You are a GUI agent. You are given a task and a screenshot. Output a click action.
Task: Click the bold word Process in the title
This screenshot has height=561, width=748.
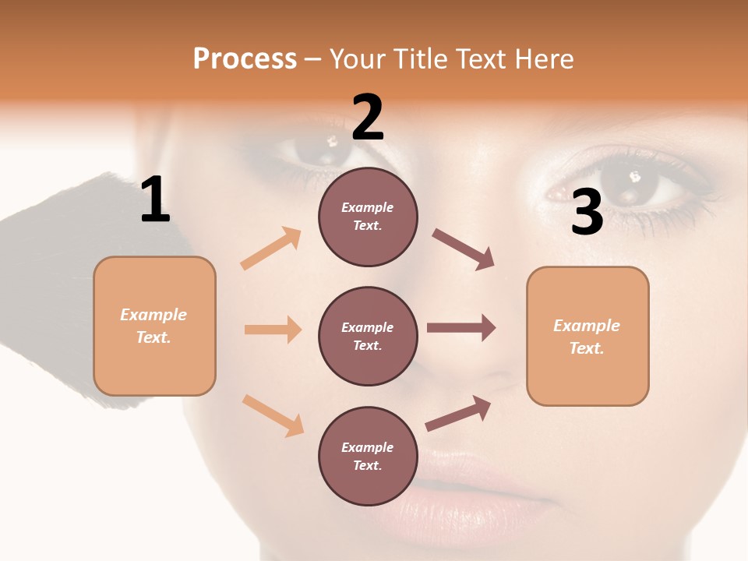tap(245, 59)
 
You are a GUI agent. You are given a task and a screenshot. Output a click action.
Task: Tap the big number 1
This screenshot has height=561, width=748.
tap(155, 200)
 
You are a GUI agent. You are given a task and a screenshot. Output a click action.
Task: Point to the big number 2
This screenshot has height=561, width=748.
tap(368, 118)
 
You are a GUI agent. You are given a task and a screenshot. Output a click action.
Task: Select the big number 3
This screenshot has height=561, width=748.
tap(587, 212)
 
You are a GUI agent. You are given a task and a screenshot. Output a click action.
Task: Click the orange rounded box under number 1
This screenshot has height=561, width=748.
tap(154, 326)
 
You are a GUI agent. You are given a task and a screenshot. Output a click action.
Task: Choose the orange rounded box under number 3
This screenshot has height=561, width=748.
tap(587, 336)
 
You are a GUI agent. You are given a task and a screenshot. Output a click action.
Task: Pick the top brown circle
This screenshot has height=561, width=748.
tap(368, 217)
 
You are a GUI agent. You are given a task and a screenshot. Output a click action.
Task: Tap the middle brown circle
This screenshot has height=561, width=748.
tap(368, 336)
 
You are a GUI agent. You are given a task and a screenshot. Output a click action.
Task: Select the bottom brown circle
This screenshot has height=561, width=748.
tap(368, 456)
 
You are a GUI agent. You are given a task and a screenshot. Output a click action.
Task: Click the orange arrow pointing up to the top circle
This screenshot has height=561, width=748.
tap(271, 248)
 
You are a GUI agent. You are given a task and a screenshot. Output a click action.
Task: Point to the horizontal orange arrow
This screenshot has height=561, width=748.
tap(273, 330)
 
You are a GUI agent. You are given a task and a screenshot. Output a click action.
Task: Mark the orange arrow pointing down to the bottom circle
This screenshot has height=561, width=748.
tap(273, 415)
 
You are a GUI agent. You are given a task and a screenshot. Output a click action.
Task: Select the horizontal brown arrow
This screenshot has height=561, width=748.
tap(461, 328)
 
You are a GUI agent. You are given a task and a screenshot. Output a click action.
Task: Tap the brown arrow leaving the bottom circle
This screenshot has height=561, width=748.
tap(458, 414)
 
